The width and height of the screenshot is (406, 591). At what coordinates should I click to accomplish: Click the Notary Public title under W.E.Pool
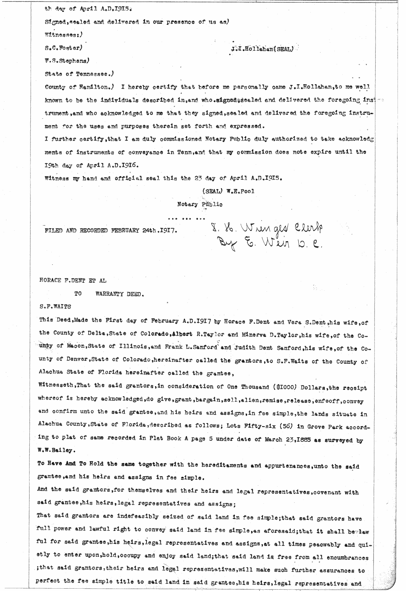[200, 204]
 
